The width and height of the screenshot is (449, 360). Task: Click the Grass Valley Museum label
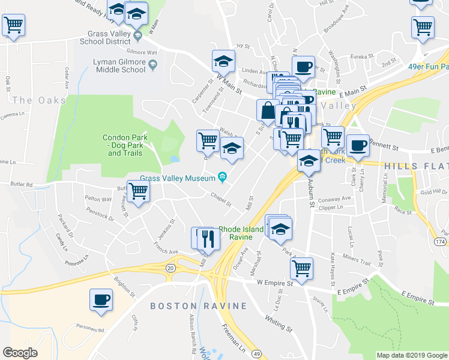click(x=178, y=178)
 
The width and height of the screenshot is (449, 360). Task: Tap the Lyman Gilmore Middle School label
click(x=119, y=65)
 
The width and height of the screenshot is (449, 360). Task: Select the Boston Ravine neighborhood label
click(x=198, y=306)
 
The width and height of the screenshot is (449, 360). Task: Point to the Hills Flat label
click(x=416, y=166)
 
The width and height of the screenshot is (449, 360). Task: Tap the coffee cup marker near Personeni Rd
click(x=101, y=300)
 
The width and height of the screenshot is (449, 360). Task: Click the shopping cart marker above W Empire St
click(x=301, y=268)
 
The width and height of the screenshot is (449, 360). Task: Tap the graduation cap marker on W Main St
click(x=223, y=61)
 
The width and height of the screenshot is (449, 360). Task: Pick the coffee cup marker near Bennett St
click(x=358, y=145)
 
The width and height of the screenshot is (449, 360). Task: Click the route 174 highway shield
click(x=441, y=241)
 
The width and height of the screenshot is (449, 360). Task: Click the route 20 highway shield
click(x=170, y=268)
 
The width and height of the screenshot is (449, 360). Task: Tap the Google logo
click(x=20, y=353)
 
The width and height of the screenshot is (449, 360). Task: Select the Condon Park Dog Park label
click(x=125, y=145)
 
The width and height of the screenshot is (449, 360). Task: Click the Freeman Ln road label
click(x=233, y=337)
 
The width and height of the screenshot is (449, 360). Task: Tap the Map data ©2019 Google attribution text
click(x=411, y=355)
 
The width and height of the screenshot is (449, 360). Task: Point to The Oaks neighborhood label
click(x=39, y=100)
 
